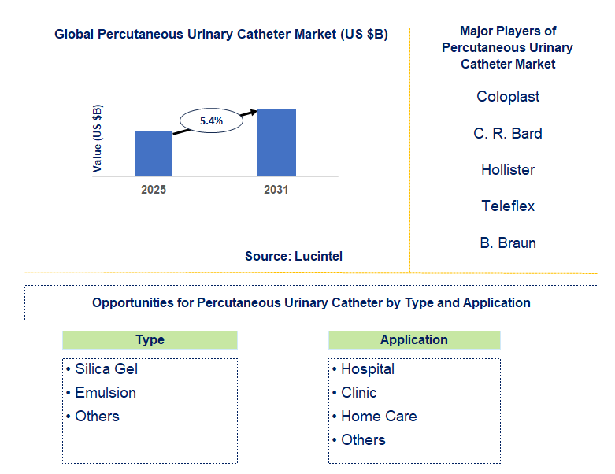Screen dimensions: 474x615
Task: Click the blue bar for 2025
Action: click(x=153, y=154)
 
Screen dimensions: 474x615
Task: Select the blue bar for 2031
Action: click(x=276, y=143)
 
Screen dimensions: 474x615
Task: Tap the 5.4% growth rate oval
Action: click(x=212, y=120)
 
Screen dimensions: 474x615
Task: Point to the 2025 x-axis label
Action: click(x=153, y=190)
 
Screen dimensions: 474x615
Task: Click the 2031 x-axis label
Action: click(x=276, y=190)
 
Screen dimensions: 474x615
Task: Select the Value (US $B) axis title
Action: click(x=98, y=138)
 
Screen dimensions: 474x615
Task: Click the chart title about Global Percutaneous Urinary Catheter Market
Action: click(x=221, y=35)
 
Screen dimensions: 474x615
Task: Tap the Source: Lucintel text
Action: click(x=294, y=256)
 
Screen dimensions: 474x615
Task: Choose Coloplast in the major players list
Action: click(x=508, y=97)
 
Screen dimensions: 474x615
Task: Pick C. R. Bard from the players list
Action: click(x=508, y=133)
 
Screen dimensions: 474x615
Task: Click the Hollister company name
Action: click(x=508, y=169)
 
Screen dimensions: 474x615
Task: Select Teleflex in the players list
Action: click(x=508, y=206)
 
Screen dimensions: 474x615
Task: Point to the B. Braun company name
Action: click(x=508, y=243)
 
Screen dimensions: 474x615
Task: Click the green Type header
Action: click(x=150, y=340)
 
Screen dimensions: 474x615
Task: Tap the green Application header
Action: click(x=414, y=340)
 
